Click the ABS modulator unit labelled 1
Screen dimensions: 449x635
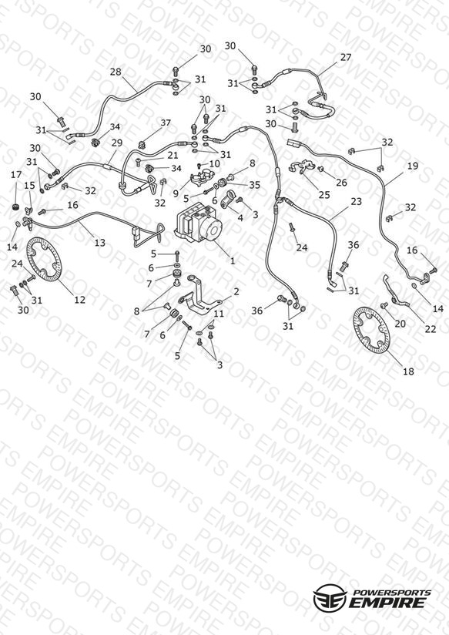click(x=199, y=224)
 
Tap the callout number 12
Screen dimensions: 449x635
click(x=80, y=299)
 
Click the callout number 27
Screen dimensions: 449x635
click(x=346, y=57)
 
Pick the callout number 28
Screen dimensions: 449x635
click(x=116, y=72)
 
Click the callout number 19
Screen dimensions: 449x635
click(x=413, y=166)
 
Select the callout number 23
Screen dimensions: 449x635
click(x=357, y=201)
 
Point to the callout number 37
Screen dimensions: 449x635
click(x=166, y=123)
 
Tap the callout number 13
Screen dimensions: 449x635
click(x=99, y=242)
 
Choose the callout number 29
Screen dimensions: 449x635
click(x=117, y=143)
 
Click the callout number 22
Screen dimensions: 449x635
click(x=431, y=329)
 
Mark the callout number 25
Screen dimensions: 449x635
click(x=324, y=195)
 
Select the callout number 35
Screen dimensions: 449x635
click(x=254, y=185)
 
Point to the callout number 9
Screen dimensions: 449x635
click(x=176, y=193)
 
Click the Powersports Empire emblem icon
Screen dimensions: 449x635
click(x=330, y=597)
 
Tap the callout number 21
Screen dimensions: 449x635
click(x=173, y=155)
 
